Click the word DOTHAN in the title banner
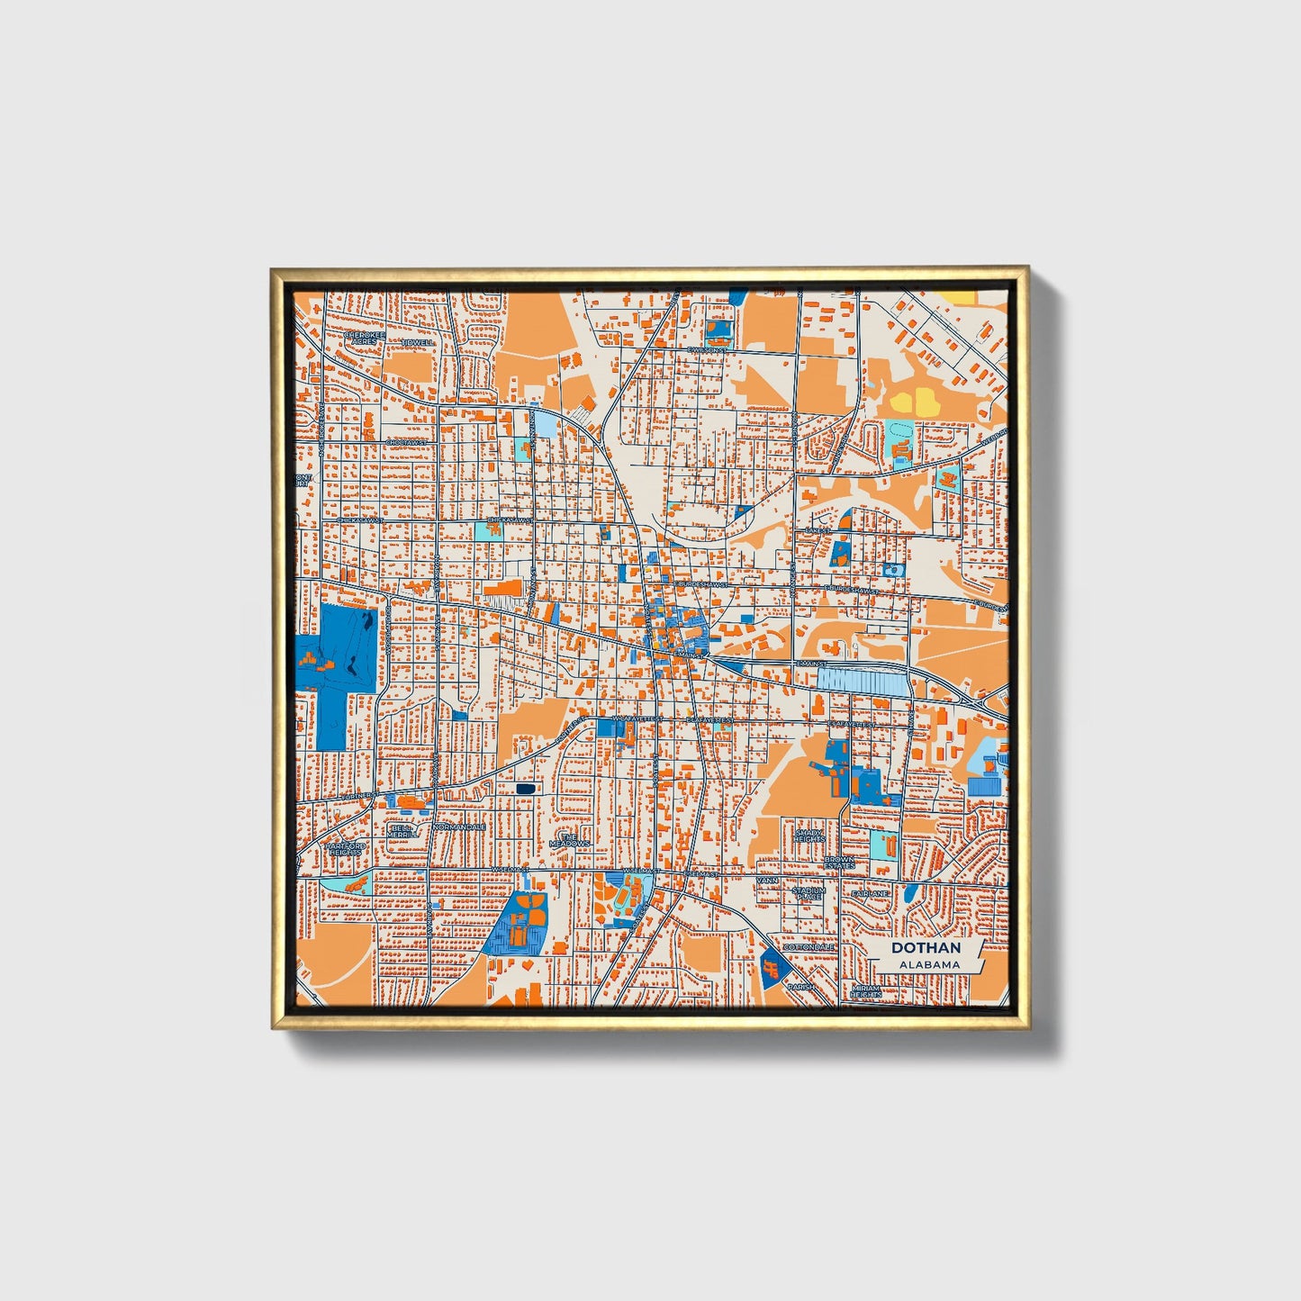click(926, 948)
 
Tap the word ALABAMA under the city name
click(929, 964)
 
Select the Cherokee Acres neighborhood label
click(364, 339)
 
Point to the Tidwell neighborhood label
click(418, 342)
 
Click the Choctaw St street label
click(404, 442)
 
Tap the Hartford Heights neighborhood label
click(344, 850)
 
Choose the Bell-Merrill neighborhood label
click(402, 830)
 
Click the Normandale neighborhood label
click(460, 827)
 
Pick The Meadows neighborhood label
click(569, 839)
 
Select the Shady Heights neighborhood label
click(809, 836)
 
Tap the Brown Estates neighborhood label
click(839, 862)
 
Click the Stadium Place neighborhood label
click(808, 893)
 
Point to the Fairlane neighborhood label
click(872, 893)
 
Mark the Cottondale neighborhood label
click(808, 947)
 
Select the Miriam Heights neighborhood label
click(865, 991)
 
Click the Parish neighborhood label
click(800, 987)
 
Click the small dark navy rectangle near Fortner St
click(526, 789)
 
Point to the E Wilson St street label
click(704, 350)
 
